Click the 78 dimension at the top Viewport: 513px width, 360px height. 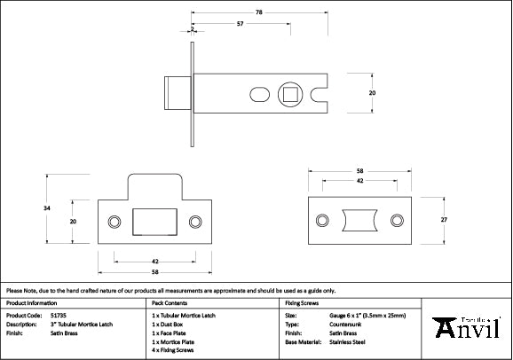pyautogui.click(x=258, y=12)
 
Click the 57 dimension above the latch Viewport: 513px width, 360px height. pyautogui.click(x=241, y=24)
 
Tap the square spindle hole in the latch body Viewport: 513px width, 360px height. pyautogui.click(x=290, y=92)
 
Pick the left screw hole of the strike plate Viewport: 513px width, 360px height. pyautogui.click(x=113, y=221)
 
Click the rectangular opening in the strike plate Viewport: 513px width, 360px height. pyautogui.click(x=154, y=222)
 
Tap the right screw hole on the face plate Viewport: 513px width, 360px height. pyautogui.click(x=397, y=220)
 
